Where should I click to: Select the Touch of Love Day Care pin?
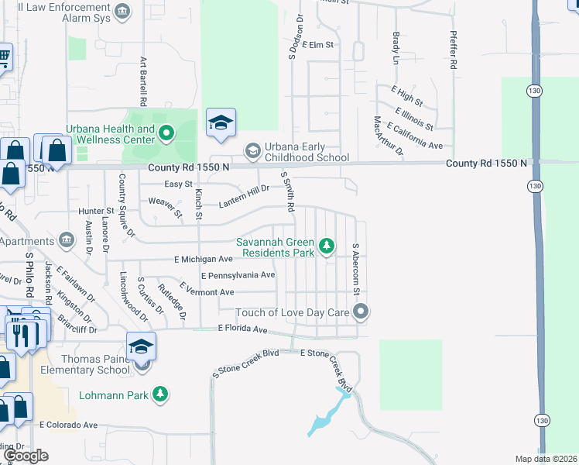coord(360,312)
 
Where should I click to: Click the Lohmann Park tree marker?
coord(160,395)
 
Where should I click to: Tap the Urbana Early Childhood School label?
coord(296,152)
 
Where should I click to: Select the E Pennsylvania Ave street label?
coord(238,275)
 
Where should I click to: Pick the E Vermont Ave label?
coord(206,292)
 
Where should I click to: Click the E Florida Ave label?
coord(242,329)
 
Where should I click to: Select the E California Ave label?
coord(414,136)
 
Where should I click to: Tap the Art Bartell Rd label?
coord(143,81)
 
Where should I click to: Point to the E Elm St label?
coord(317,45)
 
